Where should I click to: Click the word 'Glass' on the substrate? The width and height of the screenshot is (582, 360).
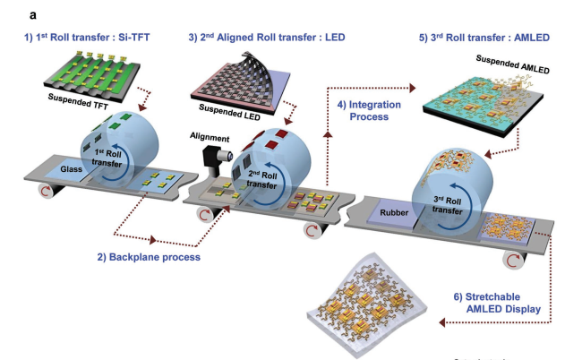pos(71,168)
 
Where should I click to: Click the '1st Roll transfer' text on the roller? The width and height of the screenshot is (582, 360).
pos(121,158)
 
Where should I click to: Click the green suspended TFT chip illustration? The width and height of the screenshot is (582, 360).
pos(90,73)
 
